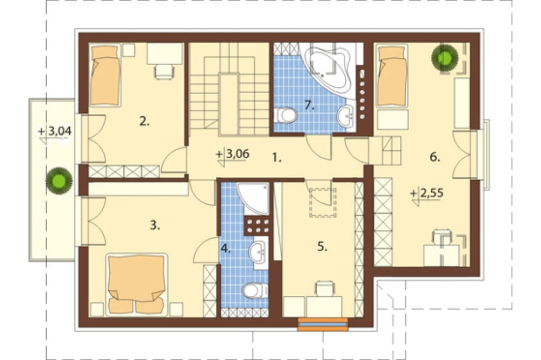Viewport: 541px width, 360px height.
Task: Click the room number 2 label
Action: tap(144, 121)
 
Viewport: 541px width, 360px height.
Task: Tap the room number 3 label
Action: tap(155, 225)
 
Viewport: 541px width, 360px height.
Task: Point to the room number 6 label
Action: tap(435, 157)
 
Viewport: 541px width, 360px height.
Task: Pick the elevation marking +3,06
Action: tap(233, 154)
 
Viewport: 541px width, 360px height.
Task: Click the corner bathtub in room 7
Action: tap(327, 67)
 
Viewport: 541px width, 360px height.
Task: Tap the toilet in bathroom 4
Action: tap(255, 291)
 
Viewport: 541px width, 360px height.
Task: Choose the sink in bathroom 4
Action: tap(259, 252)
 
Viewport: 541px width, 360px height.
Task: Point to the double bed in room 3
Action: tap(137, 285)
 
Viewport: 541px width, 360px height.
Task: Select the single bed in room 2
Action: tap(105, 75)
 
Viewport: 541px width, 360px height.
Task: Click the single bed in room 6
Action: tap(392, 76)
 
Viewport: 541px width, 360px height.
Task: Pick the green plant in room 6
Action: tap(444, 58)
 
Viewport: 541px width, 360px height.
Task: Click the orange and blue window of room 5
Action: tap(323, 324)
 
